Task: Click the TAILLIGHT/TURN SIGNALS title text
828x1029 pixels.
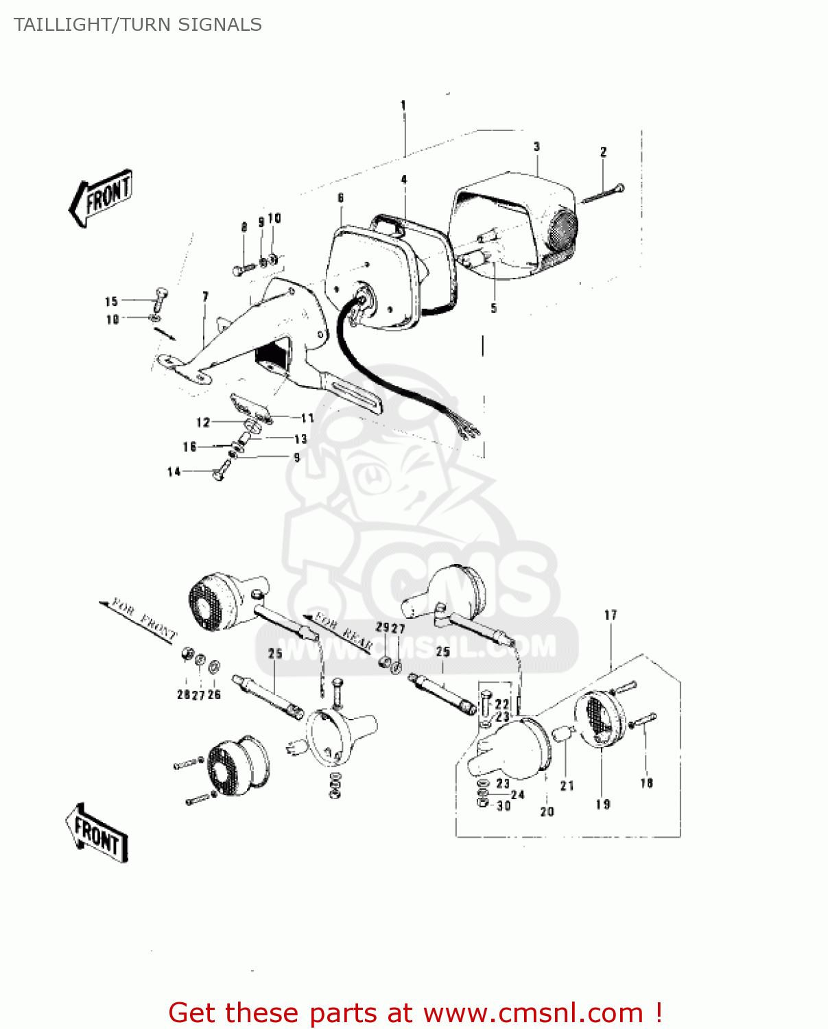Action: click(137, 25)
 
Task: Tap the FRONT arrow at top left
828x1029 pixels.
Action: click(102, 197)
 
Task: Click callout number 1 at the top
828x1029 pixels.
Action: click(403, 106)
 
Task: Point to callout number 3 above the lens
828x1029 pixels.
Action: click(536, 147)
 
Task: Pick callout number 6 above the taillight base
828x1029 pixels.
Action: click(341, 198)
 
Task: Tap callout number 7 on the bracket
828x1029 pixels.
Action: click(205, 296)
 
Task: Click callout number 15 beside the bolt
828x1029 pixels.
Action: click(112, 301)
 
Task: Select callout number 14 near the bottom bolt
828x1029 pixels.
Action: click(174, 471)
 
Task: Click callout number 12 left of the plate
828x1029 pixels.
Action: click(203, 422)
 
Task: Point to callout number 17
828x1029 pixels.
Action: click(611, 615)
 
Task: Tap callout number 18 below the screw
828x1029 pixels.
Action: click(646, 783)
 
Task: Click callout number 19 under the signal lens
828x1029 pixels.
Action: click(602, 804)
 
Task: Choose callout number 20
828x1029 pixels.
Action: click(547, 812)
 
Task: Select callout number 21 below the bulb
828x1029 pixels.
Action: click(567, 785)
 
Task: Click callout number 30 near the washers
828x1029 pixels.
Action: click(504, 806)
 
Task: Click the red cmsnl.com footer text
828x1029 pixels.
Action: click(414, 1013)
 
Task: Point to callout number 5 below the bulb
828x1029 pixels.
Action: click(493, 308)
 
